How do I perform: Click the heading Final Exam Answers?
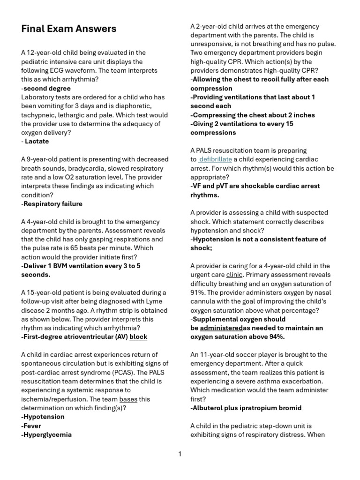[x=69, y=29]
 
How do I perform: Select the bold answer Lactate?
[x=37, y=142]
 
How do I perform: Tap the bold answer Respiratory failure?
[x=52, y=204]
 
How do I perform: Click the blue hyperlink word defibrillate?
[x=215, y=159]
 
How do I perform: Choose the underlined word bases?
[x=128, y=399]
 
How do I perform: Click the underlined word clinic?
[x=234, y=275]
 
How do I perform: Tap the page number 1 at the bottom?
[x=180, y=454]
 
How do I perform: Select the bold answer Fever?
[x=31, y=426]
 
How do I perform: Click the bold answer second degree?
[x=47, y=89]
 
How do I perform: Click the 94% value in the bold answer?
[x=275, y=337]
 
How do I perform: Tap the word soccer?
[x=254, y=354]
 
